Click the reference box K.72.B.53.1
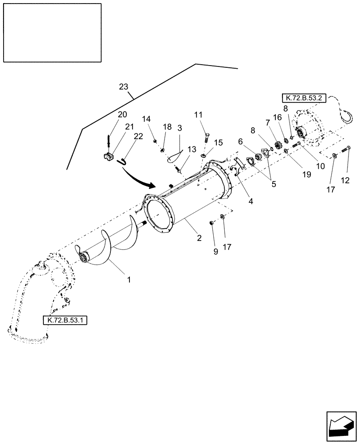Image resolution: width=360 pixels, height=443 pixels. click(x=65, y=320)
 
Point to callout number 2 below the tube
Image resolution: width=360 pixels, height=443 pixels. click(x=199, y=237)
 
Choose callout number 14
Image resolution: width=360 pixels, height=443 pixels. click(x=147, y=119)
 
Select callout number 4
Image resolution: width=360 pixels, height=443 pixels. click(x=250, y=201)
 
